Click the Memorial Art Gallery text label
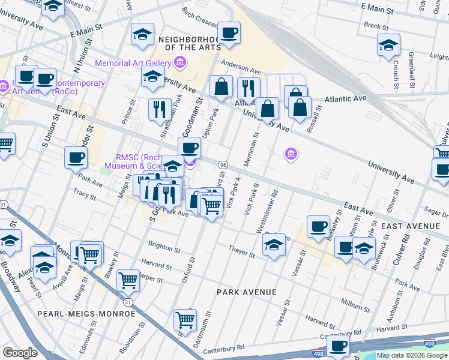[x=133, y=62]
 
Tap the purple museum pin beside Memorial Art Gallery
[x=179, y=62]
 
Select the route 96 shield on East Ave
[x=223, y=164]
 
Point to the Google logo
[x=20, y=353]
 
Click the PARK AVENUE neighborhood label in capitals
[x=247, y=292]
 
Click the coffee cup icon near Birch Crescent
[x=229, y=32]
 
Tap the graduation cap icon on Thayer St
[x=274, y=245]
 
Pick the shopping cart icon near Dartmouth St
[x=185, y=320]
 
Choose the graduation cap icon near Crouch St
[x=388, y=45]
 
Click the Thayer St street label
[x=242, y=250]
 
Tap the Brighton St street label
[x=164, y=248]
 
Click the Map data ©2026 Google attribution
[x=412, y=355]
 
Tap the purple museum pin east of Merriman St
[x=291, y=155]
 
